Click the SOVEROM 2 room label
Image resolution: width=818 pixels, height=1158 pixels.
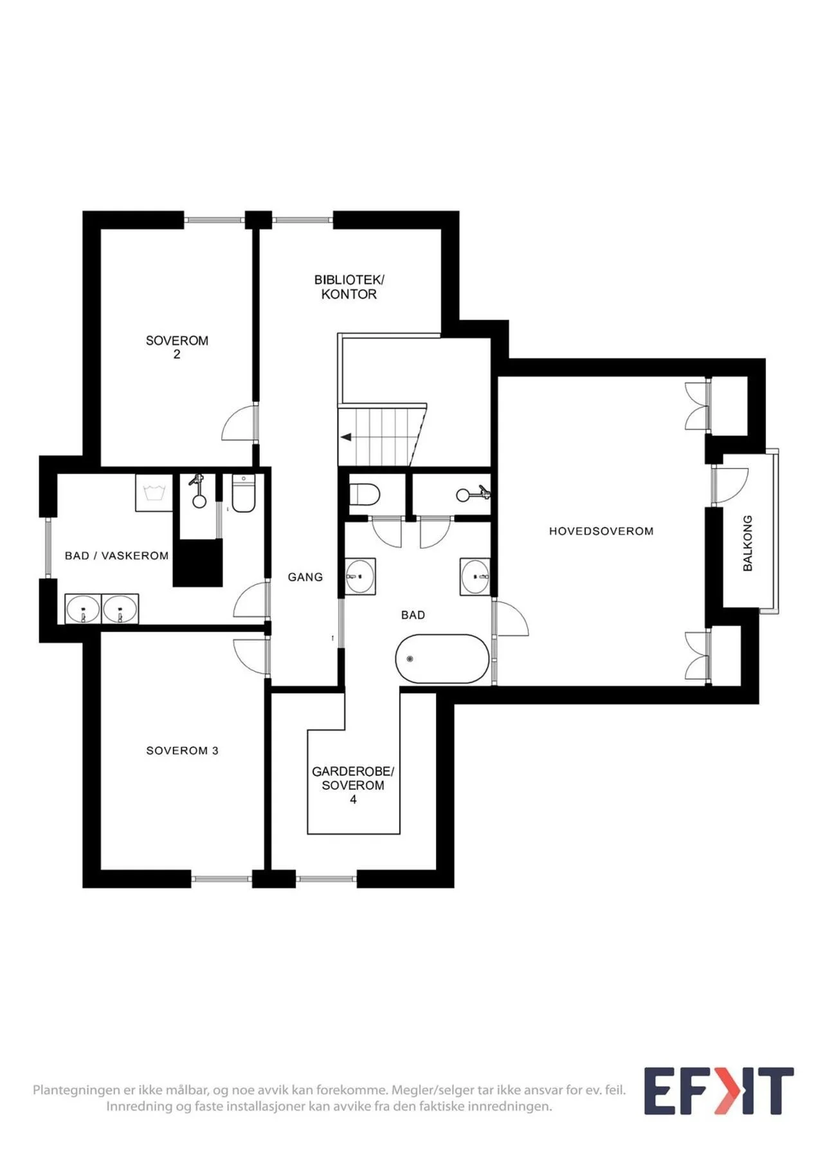177,347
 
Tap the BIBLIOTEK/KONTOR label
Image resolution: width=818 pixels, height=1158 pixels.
349,287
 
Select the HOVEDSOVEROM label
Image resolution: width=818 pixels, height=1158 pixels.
601,531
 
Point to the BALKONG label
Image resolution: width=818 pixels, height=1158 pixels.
747,543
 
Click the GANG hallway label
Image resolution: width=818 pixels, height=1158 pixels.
305,577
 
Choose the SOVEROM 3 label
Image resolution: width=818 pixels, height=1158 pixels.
183,751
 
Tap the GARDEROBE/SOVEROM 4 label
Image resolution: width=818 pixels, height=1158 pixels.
353,785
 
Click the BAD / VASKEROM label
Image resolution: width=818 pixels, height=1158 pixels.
116,556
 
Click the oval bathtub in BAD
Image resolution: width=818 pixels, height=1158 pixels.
442,659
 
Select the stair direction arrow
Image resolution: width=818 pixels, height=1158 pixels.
346,437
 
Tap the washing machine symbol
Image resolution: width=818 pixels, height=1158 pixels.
154,493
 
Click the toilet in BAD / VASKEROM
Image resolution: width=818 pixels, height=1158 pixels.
244,493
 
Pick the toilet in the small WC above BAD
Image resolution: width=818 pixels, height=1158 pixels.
364,495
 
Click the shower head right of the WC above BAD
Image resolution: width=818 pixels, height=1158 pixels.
473,494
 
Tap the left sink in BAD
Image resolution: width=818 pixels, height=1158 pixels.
360,576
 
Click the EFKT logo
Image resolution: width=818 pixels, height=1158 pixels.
719,1091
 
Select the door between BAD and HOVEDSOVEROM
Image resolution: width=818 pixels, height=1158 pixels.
512,619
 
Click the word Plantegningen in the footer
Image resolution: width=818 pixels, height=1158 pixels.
77,1090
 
